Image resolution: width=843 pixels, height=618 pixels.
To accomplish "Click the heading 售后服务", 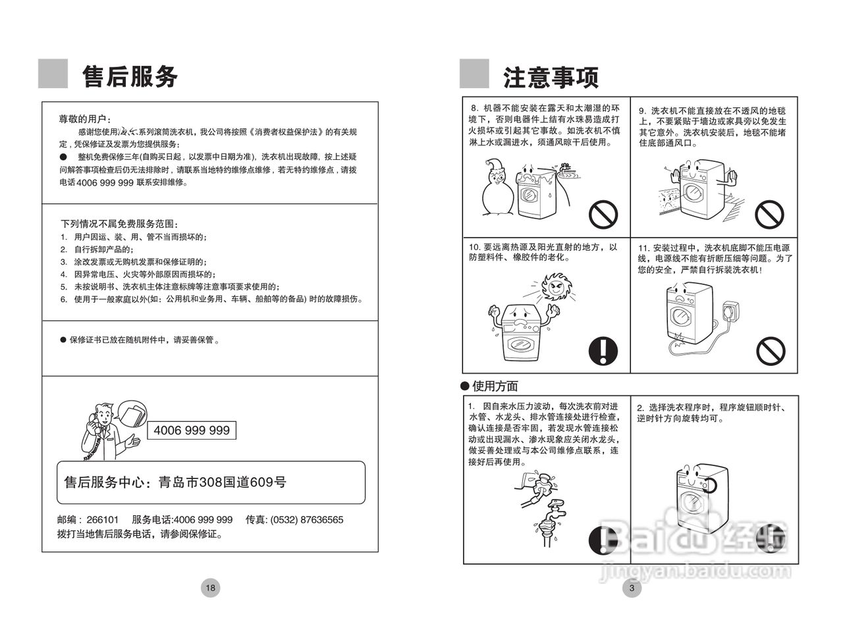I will pos(130,76).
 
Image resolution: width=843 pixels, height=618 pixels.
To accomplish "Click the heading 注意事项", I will pos(551,77).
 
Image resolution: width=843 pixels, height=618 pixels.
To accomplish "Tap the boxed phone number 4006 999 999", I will pos(191,430).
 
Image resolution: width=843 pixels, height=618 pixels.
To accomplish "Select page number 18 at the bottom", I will pos(210,588).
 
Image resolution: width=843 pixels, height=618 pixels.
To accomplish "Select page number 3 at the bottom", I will pos(632,588).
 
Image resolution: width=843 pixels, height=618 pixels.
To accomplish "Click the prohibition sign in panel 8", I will pos(603,213).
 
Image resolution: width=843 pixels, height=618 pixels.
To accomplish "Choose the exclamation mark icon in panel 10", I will pos(603,350).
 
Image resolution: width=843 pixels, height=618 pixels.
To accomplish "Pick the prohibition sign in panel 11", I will pos(771,350).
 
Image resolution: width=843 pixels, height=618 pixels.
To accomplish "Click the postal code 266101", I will pos(103,519).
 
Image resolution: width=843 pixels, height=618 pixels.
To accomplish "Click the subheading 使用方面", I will pos(495,386).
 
